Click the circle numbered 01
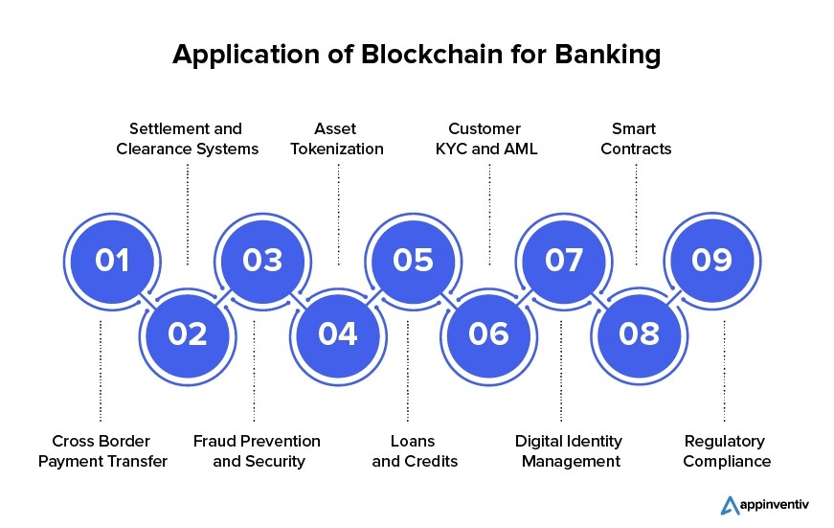[111, 261]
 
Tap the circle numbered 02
[187, 333]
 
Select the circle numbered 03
[261, 261]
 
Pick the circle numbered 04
[337, 333]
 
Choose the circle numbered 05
[413, 261]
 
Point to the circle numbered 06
[488, 333]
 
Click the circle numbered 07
[563, 261]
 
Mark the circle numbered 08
[639, 333]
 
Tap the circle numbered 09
[712, 261]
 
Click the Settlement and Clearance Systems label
[187, 139]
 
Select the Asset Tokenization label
[336, 139]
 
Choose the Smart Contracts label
[636, 139]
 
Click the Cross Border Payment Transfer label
[102, 451]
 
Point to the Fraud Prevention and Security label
[257, 451]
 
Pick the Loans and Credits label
[415, 451]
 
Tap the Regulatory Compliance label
[727, 451]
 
